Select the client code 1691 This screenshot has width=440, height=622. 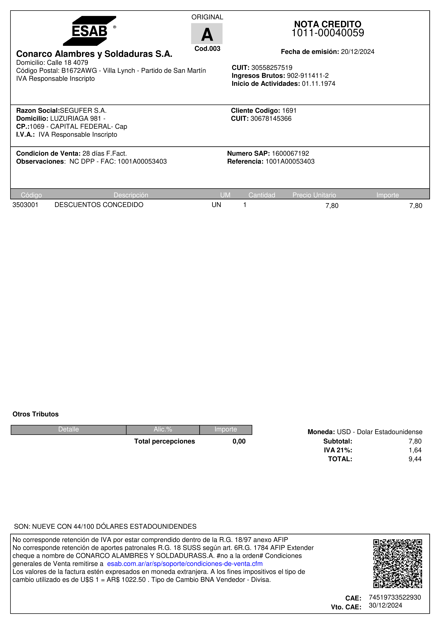point(289,111)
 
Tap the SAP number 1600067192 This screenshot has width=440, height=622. point(290,153)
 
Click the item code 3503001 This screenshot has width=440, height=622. point(25,205)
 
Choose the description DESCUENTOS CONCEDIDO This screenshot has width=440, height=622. point(99,205)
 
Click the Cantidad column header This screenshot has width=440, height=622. point(262,195)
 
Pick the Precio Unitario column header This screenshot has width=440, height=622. point(314,195)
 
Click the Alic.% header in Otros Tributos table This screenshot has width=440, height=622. point(163,429)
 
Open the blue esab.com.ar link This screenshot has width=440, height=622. point(185,564)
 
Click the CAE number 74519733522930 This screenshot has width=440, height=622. point(395,597)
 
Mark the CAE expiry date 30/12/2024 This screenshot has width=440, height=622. point(385,606)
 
